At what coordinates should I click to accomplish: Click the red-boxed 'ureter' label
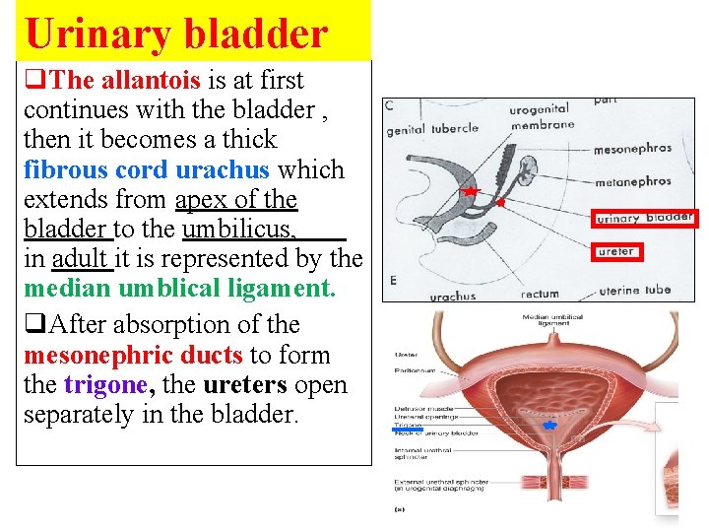coord(617,252)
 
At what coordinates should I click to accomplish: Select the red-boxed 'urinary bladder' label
coord(645,218)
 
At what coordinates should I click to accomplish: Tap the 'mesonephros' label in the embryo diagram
coord(632,150)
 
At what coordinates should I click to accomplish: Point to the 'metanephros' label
coord(632,181)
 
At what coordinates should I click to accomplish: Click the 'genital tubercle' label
coord(432,129)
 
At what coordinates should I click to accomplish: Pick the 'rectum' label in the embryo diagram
coord(540,294)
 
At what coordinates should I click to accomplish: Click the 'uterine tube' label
coord(635,290)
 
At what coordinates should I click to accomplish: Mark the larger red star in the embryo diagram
coord(471,190)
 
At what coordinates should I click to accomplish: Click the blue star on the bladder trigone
coord(549,424)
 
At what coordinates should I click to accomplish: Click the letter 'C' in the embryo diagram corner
coord(389,105)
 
